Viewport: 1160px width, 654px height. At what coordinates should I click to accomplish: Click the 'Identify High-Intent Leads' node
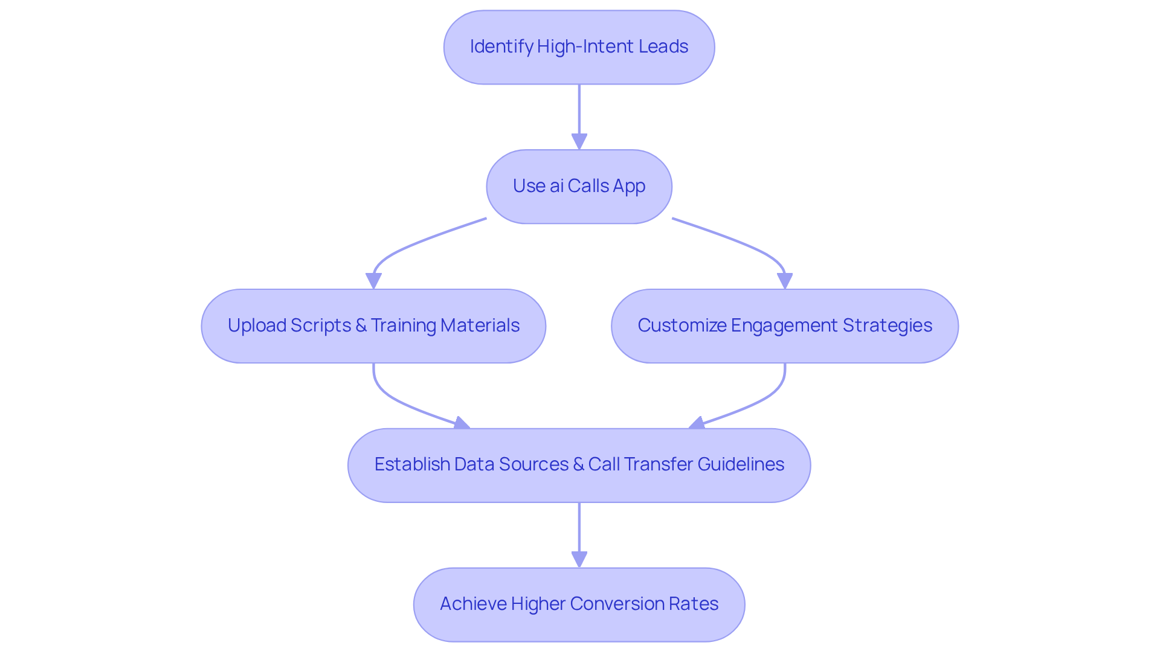click(579, 47)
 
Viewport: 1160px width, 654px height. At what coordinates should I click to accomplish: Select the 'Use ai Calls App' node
click(579, 187)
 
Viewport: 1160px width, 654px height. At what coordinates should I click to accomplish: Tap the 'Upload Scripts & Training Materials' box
click(373, 326)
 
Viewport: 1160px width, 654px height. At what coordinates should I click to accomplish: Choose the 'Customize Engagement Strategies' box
click(784, 326)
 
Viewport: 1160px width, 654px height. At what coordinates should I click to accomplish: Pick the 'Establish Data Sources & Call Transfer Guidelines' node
click(579, 465)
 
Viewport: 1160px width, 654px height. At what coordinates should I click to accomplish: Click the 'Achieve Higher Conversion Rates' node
click(579, 604)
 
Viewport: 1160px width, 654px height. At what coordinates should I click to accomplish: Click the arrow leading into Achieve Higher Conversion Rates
click(579, 534)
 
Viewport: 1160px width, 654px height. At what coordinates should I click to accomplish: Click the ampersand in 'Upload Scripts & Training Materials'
click(361, 325)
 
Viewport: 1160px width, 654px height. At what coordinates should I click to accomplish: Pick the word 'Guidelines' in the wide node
click(741, 464)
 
